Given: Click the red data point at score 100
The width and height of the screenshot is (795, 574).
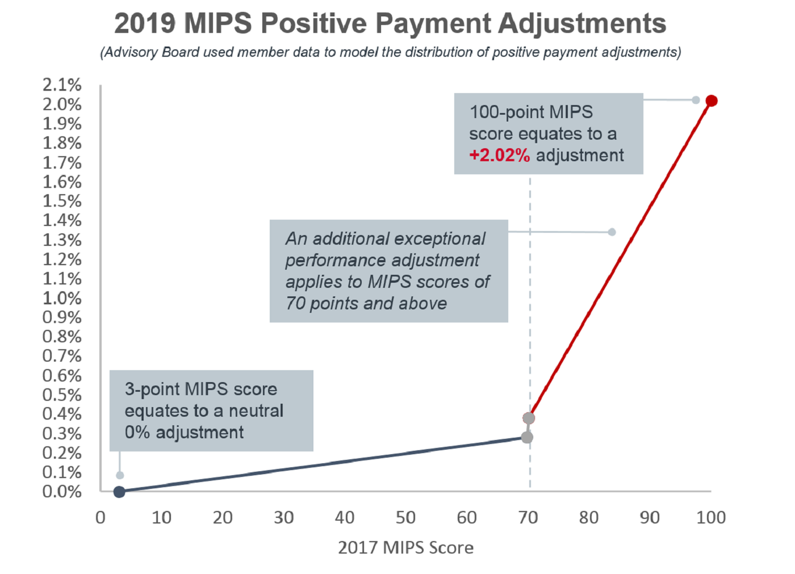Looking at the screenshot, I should [712, 101].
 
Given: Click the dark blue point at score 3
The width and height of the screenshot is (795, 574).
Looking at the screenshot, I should [119, 492].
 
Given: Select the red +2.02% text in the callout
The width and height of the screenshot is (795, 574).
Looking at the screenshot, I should [500, 156].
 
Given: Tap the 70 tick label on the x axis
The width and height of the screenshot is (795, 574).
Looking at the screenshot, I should [528, 518].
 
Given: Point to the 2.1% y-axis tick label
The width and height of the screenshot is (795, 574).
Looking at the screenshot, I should [62, 85].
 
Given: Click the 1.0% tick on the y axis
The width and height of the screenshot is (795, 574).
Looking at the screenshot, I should [62, 298].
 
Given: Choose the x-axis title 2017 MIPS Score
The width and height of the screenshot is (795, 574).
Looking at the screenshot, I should [405, 548].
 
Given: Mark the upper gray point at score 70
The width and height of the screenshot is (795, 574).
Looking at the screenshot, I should [529, 418].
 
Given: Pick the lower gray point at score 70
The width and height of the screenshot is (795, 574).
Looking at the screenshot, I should [527, 437].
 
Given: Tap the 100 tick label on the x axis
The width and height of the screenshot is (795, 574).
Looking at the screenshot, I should [711, 518].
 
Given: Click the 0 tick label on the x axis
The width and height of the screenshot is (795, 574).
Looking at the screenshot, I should [101, 518].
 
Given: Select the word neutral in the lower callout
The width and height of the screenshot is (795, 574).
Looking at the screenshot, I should [256, 411].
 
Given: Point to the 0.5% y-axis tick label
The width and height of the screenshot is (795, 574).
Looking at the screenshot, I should [62, 395].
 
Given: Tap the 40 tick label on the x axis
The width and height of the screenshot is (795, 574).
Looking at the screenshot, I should [345, 518].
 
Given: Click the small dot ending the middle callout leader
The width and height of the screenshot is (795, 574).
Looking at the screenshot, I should [612, 232].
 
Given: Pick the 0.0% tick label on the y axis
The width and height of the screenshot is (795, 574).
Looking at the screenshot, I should [62, 492].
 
